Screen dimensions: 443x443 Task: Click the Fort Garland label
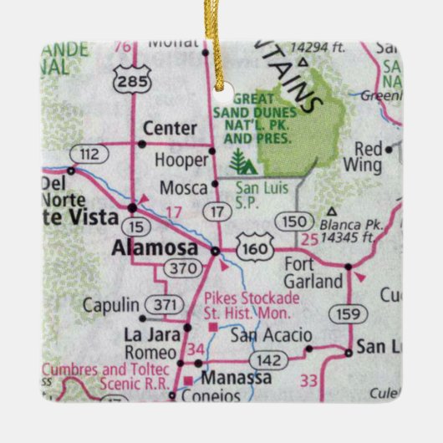tap(314, 273)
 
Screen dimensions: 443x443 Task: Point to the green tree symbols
tap(239, 161)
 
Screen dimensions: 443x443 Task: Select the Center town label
tap(171, 129)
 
